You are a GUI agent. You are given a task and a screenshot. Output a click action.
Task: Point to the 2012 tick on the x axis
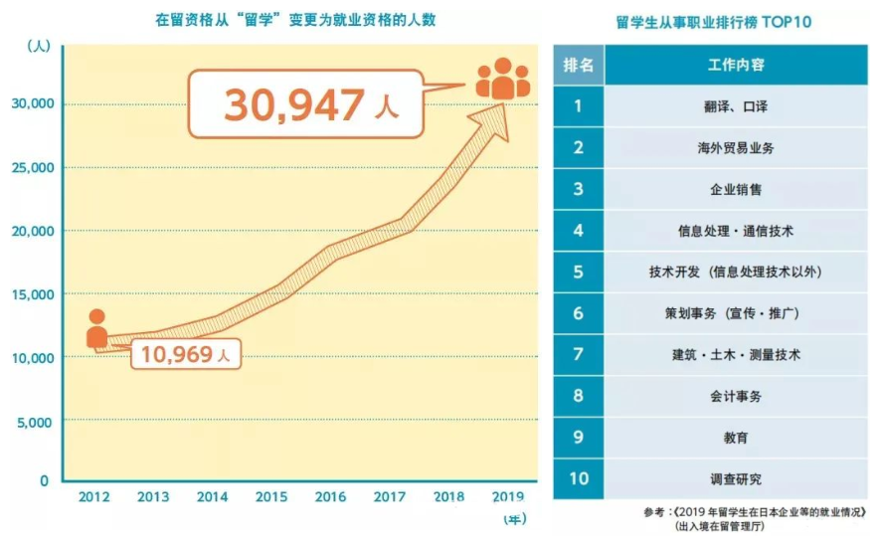(94, 496)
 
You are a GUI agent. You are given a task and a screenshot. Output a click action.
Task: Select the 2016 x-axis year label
(330, 496)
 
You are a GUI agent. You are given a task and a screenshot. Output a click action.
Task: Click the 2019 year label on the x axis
(505, 496)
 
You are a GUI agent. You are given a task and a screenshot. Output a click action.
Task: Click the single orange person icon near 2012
(96, 329)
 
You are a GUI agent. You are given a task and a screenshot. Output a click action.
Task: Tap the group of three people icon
(502, 79)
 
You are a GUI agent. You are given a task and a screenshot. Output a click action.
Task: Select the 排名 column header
(578, 66)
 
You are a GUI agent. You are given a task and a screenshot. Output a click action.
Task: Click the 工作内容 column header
(736, 66)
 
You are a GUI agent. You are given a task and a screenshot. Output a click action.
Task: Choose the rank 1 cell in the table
(578, 106)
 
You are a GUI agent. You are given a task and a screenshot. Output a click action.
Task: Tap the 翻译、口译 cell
(736, 106)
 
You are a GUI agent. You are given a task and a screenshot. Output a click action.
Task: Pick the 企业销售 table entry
(736, 189)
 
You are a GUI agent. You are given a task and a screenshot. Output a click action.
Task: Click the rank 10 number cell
(578, 478)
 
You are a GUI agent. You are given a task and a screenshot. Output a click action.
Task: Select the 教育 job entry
(736, 438)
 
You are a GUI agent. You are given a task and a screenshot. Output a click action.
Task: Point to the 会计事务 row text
(736, 396)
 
